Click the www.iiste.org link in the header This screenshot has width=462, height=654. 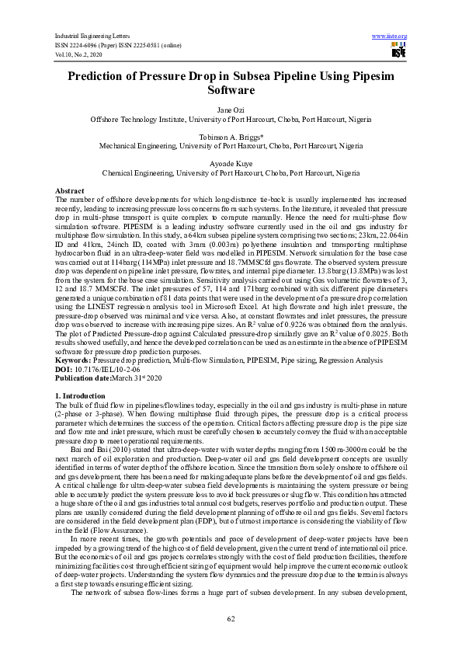point(390,37)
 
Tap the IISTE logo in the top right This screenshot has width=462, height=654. point(398,51)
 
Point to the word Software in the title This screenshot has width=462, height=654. point(231,90)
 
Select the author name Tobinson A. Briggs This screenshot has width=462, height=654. point(231,137)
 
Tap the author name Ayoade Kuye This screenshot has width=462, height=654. point(231,163)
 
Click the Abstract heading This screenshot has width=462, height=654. point(70,190)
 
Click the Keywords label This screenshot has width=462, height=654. point(74,360)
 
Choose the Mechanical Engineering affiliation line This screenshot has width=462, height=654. point(231,146)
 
